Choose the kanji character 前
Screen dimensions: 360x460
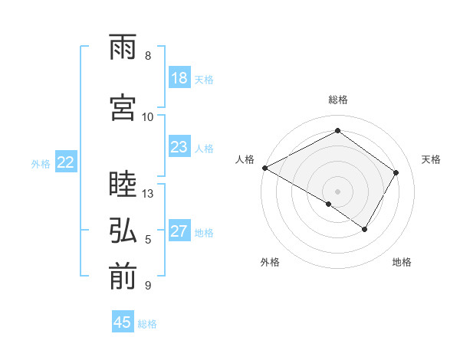[123, 277]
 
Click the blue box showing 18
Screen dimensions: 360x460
[179, 78]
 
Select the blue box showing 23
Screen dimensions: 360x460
[179, 147]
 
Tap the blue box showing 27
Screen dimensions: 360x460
[179, 231]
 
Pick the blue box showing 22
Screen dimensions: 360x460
[66, 162]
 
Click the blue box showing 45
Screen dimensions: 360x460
[123, 322]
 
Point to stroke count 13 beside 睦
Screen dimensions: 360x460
[149, 194]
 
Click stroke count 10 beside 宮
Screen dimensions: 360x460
[148, 116]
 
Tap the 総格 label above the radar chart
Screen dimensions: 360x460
[338, 100]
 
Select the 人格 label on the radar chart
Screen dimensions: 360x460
[245, 159]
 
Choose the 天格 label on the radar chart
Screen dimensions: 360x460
[432, 159]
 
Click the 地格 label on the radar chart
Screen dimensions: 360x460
[402, 263]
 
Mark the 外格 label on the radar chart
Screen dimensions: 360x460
[270, 263]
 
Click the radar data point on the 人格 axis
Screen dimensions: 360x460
[264, 168]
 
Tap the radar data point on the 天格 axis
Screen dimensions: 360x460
[396, 172]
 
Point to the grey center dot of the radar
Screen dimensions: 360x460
[337, 191]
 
